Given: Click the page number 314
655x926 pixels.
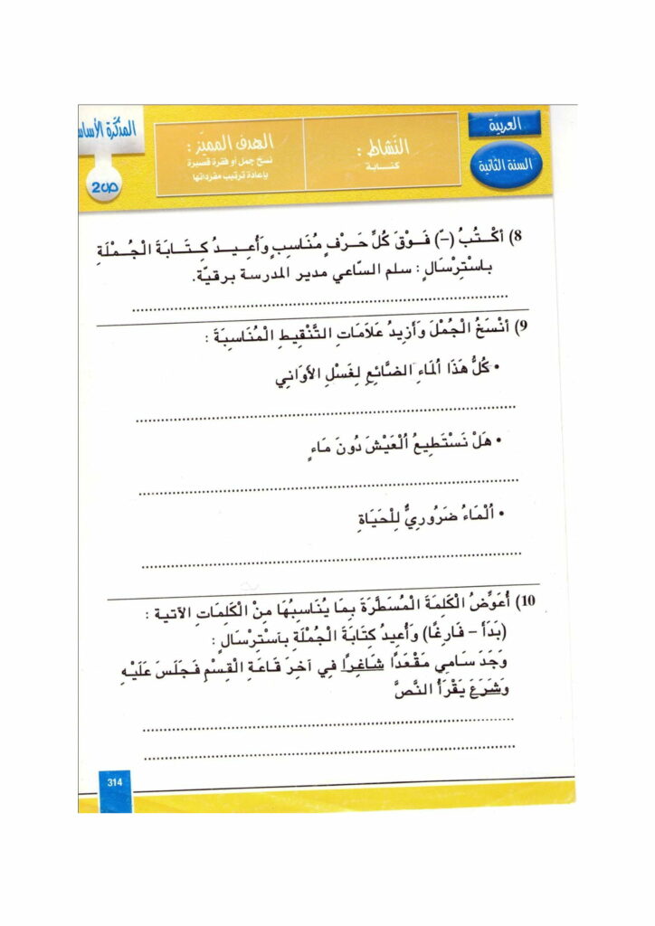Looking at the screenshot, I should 114,781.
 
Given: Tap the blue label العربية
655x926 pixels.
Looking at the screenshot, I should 505,126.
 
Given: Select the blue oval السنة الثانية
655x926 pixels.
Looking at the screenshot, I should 508,165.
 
